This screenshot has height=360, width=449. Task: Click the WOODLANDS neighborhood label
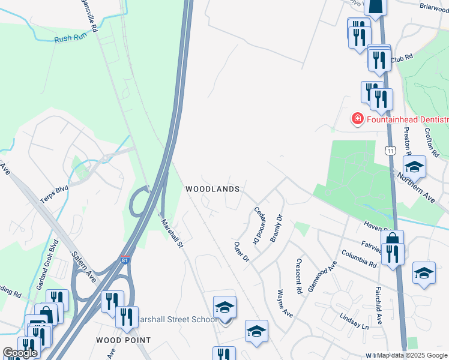click(212, 189)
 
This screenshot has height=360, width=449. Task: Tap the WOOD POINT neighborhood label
click(124, 340)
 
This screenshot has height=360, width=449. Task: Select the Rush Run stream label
click(71, 39)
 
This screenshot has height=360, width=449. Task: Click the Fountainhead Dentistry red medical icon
click(357, 119)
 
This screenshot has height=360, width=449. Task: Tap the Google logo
click(20, 353)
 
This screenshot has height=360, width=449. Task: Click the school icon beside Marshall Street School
click(224, 308)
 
